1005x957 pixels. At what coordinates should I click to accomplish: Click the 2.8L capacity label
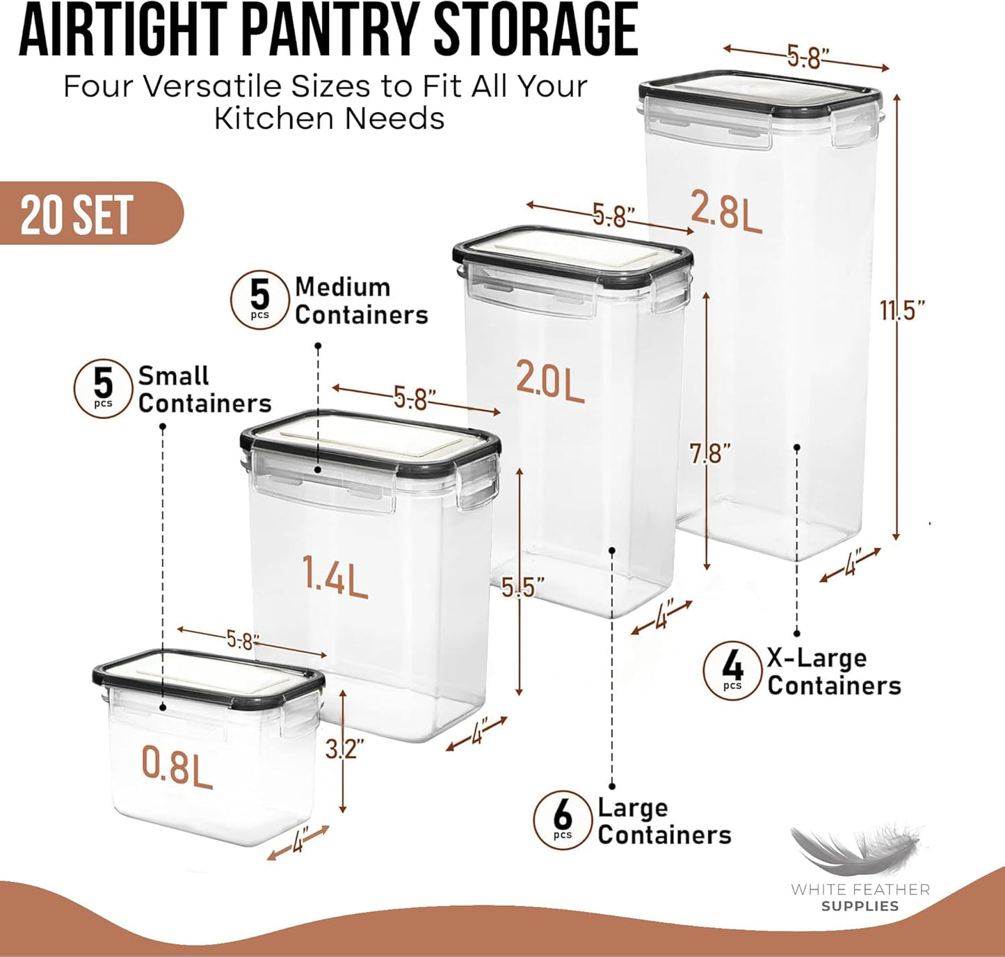[x=725, y=209]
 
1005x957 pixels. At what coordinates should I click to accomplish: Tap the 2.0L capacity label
[x=549, y=380]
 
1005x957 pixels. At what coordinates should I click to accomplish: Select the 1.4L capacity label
[x=335, y=576]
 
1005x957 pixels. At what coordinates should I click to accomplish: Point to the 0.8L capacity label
[x=177, y=766]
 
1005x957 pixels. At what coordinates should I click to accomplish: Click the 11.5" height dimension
[x=902, y=310]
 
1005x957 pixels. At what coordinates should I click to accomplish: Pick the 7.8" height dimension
[x=710, y=454]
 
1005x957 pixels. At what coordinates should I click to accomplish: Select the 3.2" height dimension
[x=344, y=749]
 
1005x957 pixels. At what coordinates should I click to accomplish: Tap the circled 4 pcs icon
[x=732, y=670]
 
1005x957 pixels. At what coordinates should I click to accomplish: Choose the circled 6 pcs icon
[x=562, y=820]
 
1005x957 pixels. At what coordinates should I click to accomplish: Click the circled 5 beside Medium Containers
[x=259, y=299]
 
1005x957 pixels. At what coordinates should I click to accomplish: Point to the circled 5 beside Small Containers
[x=103, y=388]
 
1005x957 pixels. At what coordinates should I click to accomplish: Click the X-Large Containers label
[x=833, y=672]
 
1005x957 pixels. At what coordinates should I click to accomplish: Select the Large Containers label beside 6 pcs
[x=664, y=821]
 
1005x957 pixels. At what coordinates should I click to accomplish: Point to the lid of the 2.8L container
[x=760, y=90]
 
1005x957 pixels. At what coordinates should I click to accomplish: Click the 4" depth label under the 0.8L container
[x=299, y=843]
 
